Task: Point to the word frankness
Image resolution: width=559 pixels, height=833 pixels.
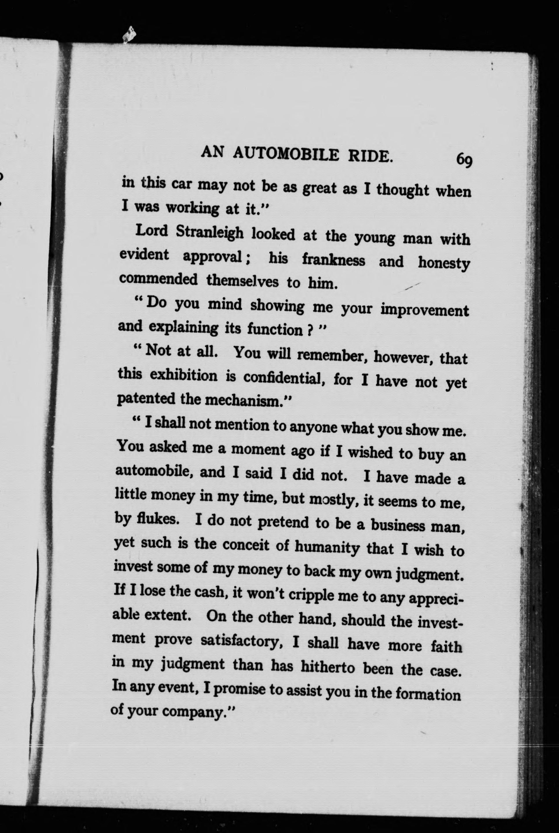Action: [x=334, y=260]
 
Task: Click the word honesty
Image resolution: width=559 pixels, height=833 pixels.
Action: [x=444, y=264]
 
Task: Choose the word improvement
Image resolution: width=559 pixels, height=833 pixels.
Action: [x=424, y=310]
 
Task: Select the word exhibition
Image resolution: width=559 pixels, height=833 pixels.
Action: [x=183, y=376]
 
